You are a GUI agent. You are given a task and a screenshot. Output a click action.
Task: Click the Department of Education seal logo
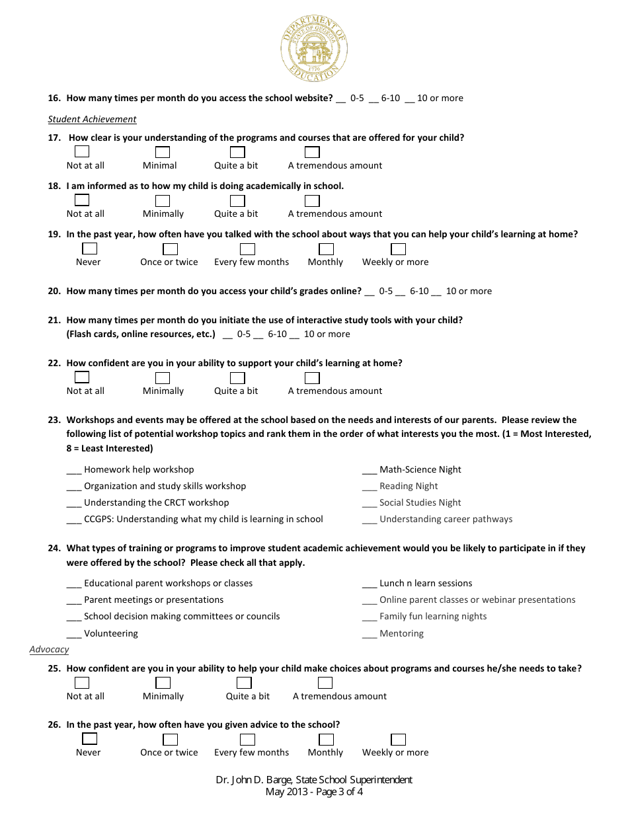click(x=314, y=50)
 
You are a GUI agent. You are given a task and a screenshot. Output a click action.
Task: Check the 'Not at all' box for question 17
click(x=82, y=152)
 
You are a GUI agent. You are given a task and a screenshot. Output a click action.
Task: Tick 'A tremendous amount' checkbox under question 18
click(x=312, y=200)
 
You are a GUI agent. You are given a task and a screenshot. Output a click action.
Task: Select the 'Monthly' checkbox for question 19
click(x=326, y=249)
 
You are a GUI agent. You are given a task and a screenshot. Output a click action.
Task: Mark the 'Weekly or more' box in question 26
click(x=398, y=740)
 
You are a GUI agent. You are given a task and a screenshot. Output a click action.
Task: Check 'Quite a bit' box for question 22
click(x=237, y=378)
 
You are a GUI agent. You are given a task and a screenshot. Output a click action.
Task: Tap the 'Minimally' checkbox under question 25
click(x=163, y=683)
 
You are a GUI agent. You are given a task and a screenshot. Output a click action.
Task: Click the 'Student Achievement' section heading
click(x=92, y=120)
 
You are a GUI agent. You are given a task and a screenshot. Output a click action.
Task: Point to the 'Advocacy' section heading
click(x=49, y=650)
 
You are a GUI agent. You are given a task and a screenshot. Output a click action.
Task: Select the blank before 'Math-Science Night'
click(x=369, y=471)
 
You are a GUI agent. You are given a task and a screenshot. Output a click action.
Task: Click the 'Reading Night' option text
click(x=409, y=486)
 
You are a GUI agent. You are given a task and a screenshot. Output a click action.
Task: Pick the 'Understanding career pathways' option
click(x=446, y=520)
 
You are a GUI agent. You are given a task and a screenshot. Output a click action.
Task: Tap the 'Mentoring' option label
click(x=401, y=634)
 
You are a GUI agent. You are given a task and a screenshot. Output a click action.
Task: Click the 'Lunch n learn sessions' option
click(x=426, y=584)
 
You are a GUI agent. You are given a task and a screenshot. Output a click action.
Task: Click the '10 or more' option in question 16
click(x=440, y=98)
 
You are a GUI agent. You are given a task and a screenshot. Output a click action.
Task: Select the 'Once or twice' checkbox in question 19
click(x=171, y=249)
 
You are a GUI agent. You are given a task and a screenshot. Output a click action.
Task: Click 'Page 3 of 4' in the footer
click(x=337, y=792)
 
